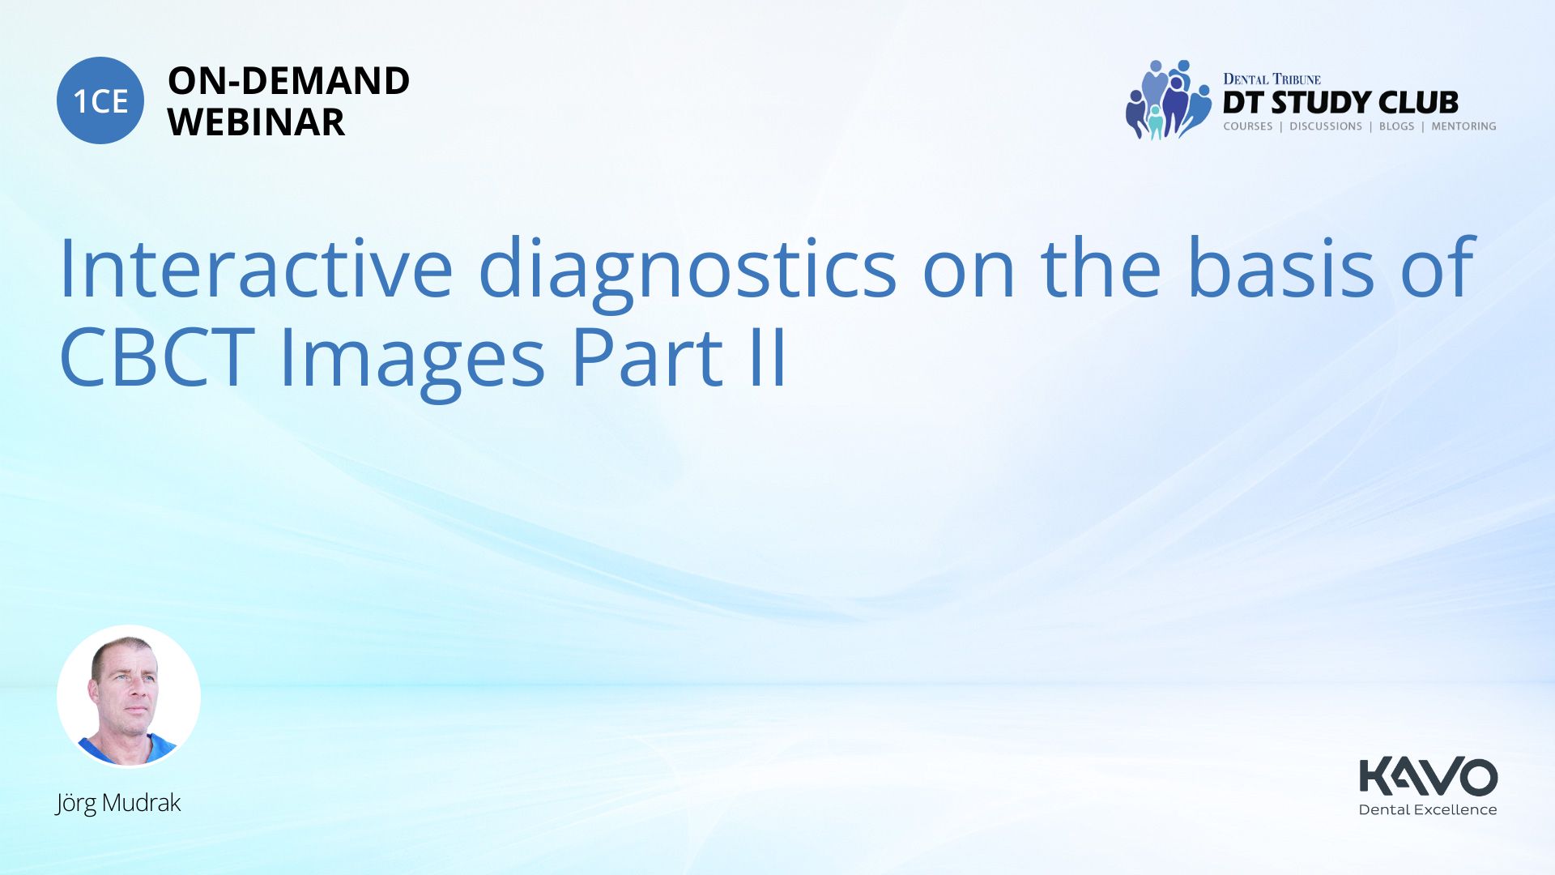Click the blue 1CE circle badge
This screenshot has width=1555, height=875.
100,100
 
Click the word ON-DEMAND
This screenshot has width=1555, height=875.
288,81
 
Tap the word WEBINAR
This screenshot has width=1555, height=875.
256,122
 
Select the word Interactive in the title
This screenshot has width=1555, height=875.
256,267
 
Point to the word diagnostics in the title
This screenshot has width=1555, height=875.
688,272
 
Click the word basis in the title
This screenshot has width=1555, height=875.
1282,267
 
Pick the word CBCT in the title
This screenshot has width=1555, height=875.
157,357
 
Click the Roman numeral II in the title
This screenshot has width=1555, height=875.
768,357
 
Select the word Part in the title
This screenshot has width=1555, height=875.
647,357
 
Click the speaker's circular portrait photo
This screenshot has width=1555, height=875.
129,696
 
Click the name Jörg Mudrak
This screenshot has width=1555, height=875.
118,803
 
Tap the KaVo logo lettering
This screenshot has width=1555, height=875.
1428,776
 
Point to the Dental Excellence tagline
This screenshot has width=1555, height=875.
1428,809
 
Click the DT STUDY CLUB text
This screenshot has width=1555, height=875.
1340,102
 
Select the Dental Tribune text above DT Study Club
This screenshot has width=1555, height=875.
1272,79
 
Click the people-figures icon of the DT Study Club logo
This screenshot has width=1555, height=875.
1168,100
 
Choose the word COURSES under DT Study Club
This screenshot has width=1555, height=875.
1247,126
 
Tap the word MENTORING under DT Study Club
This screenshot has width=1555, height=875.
1463,126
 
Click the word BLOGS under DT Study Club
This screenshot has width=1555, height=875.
1396,126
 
